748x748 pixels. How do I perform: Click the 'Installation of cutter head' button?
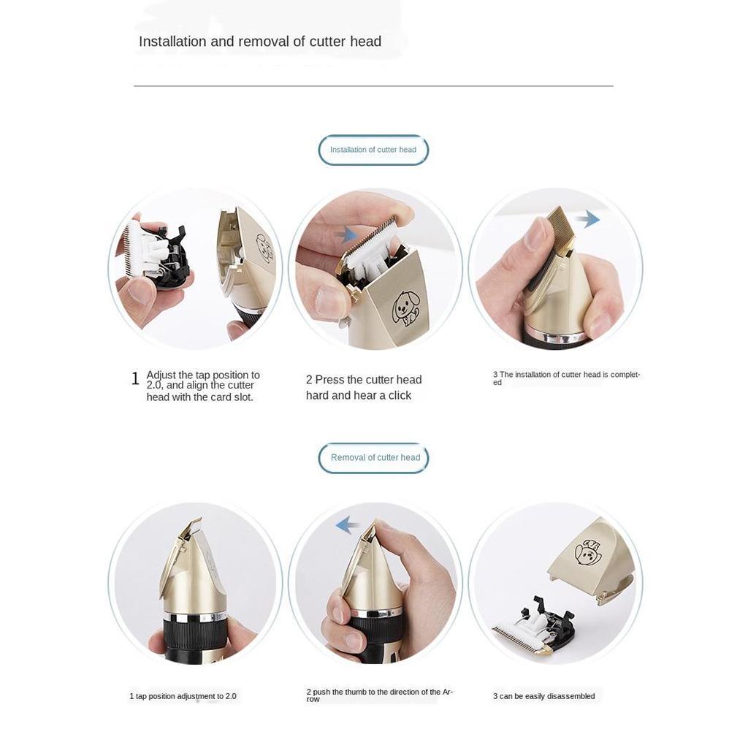pyautogui.click(x=373, y=150)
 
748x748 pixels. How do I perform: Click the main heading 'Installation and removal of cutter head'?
pyautogui.click(x=260, y=42)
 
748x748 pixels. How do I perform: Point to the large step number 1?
pyautogui.click(x=135, y=379)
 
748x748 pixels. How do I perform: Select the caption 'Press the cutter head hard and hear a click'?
pyautogui.click(x=364, y=387)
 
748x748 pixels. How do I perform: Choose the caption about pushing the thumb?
pyautogui.click(x=379, y=695)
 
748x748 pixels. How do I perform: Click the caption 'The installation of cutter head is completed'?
pyautogui.click(x=566, y=378)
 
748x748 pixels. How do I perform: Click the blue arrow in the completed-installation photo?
pyautogui.click(x=587, y=219)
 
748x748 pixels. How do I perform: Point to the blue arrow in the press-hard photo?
pyautogui.click(x=347, y=235)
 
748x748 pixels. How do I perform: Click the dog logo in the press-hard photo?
pyautogui.click(x=405, y=308)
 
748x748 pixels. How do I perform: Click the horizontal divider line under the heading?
pyautogui.click(x=373, y=86)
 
